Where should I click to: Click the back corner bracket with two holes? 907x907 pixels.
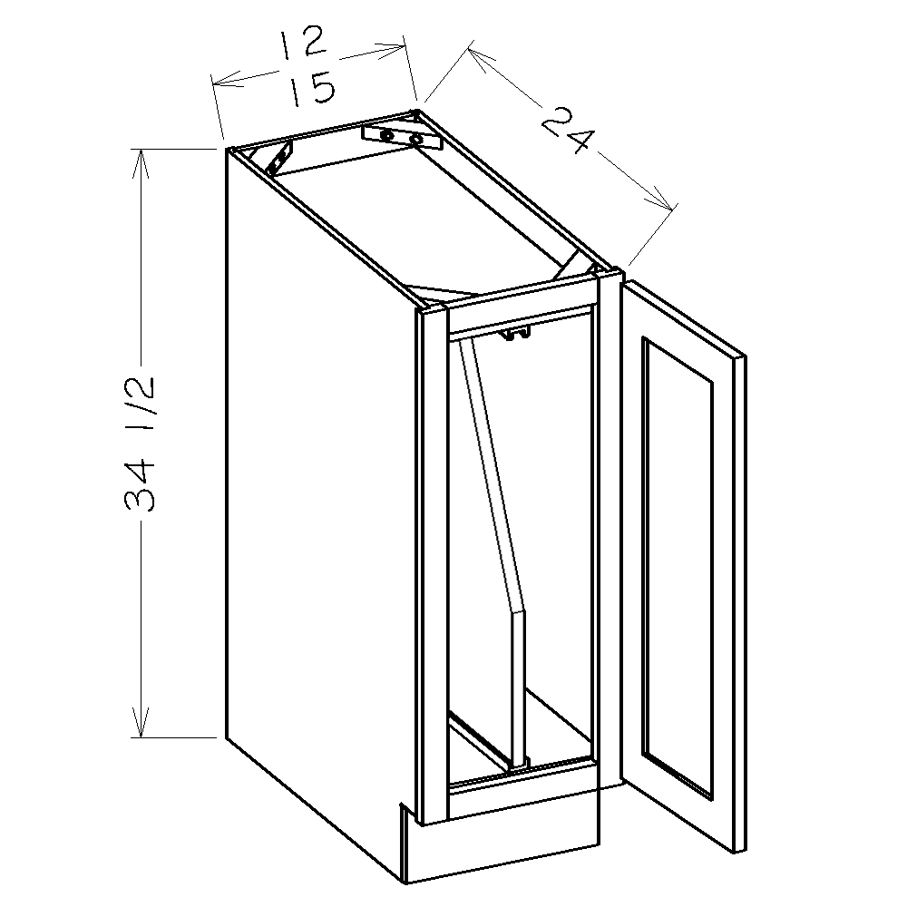click(400, 137)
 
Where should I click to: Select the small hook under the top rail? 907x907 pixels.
click(513, 336)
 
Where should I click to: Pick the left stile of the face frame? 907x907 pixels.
click(434, 562)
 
